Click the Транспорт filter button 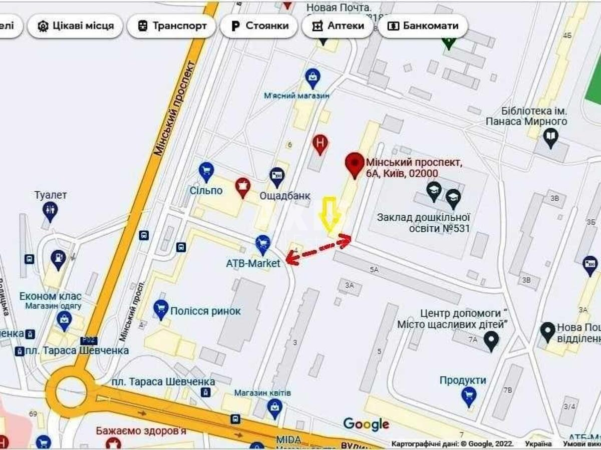[x=171, y=26]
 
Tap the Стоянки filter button [x=259, y=26]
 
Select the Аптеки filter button [x=338, y=26]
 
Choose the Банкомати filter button [x=423, y=26]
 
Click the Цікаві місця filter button [x=76, y=26]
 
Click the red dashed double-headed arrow [x=318, y=250]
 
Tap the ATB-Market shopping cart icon [x=263, y=245]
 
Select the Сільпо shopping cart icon [x=206, y=171]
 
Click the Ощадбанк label [x=285, y=196]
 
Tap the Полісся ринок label [x=205, y=311]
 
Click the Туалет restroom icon [x=50, y=210]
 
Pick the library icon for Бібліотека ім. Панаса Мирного [x=551, y=137]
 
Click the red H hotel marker [x=321, y=144]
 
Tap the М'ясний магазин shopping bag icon [x=313, y=78]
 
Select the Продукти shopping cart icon [x=469, y=396]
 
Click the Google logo [x=366, y=424]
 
